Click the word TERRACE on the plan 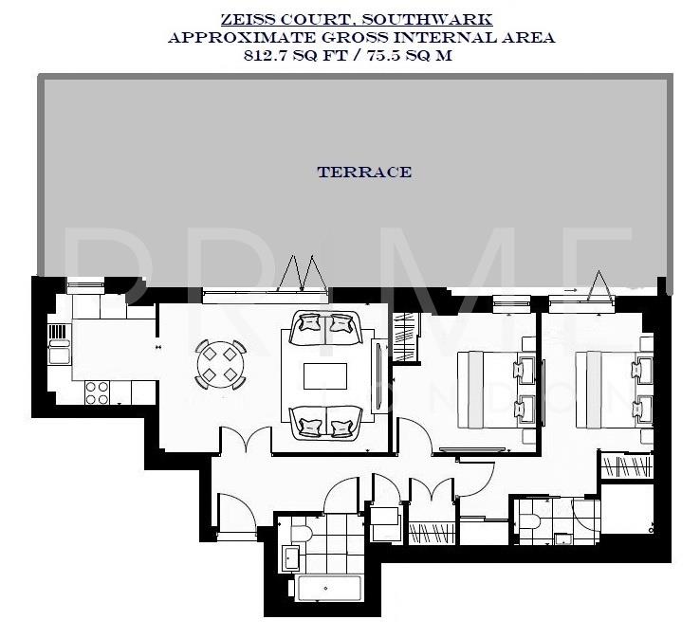(364, 173)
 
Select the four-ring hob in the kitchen (97, 392)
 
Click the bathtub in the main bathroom (329, 588)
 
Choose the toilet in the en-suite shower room (529, 519)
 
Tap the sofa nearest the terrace (325, 328)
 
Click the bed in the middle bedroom (493, 390)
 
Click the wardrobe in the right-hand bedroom (621, 465)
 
